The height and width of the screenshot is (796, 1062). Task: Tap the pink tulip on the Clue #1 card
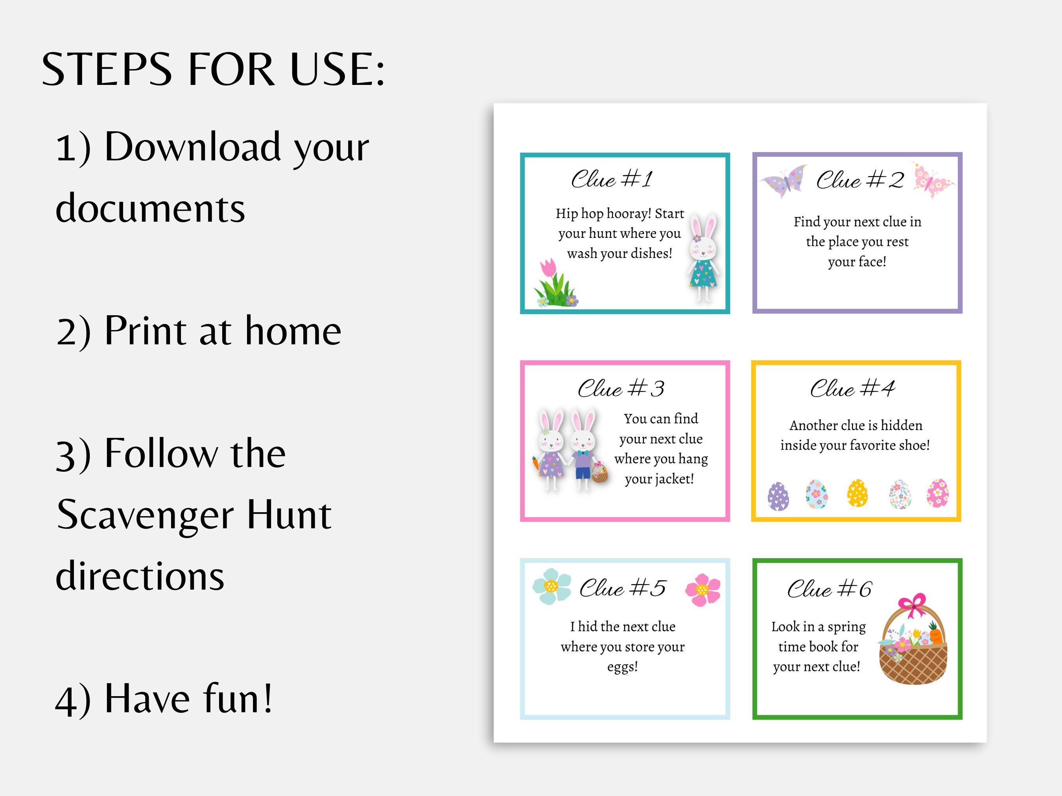pos(548,268)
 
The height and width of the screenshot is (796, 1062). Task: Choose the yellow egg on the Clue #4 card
pos(857,493)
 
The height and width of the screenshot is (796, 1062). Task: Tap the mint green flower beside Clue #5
pos(551,586)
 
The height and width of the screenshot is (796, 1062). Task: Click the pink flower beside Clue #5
pos(703,590)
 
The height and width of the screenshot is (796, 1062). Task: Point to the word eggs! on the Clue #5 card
pos(622,667)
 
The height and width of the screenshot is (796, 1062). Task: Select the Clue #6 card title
pos(829,589)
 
